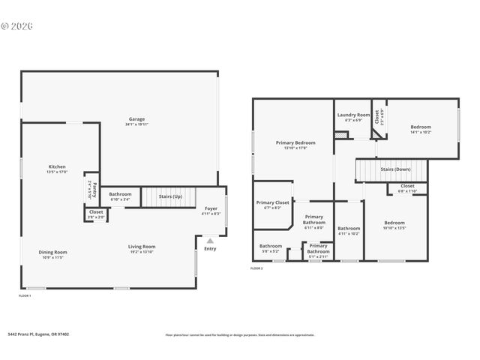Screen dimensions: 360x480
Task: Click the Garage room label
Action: coord(136,119)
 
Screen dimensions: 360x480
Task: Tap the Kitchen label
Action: coord(58,167)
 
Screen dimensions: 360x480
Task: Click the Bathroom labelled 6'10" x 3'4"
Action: coord(119,195)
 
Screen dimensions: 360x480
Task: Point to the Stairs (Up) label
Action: coord(170,196)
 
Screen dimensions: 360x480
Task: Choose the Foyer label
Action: coord(211,210)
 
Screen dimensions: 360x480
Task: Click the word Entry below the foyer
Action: coord(210,248)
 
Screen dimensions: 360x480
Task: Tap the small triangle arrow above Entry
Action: coord(210,241)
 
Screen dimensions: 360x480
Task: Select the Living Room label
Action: coord(141,247)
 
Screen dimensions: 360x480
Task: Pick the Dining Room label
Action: coord(53,252)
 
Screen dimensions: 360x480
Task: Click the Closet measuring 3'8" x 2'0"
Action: coord(96,212)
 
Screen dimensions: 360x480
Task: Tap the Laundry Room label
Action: coord(353,115)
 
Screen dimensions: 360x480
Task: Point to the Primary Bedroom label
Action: coord(295,142)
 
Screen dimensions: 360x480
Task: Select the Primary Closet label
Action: coord(272,202)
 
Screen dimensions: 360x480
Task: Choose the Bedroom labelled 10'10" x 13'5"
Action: coord(394,223)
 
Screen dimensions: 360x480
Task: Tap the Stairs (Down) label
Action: coord(395,169)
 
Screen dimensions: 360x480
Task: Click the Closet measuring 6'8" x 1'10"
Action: coord(407,186)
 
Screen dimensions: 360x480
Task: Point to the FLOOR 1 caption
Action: coord(25,295)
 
